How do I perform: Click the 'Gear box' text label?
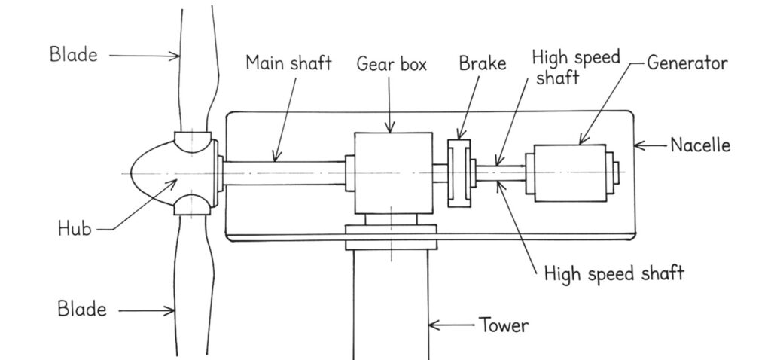[x=392, y=65]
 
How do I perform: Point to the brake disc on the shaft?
[x=459, y=172]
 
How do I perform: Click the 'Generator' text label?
[x=687, y=63]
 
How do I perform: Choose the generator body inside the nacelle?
[x=569, y=172]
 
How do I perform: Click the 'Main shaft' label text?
[x=288, y=63]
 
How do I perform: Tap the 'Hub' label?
[x=75, y=229]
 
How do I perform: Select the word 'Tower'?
[x=504, y=326]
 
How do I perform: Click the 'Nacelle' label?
[x=700, y=145]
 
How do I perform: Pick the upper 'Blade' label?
[x=74, y=54]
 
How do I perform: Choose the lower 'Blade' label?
[x=82, y=309]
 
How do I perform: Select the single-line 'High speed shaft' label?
[x=614, y=273]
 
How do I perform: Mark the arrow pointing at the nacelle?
[x=651, y=146]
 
